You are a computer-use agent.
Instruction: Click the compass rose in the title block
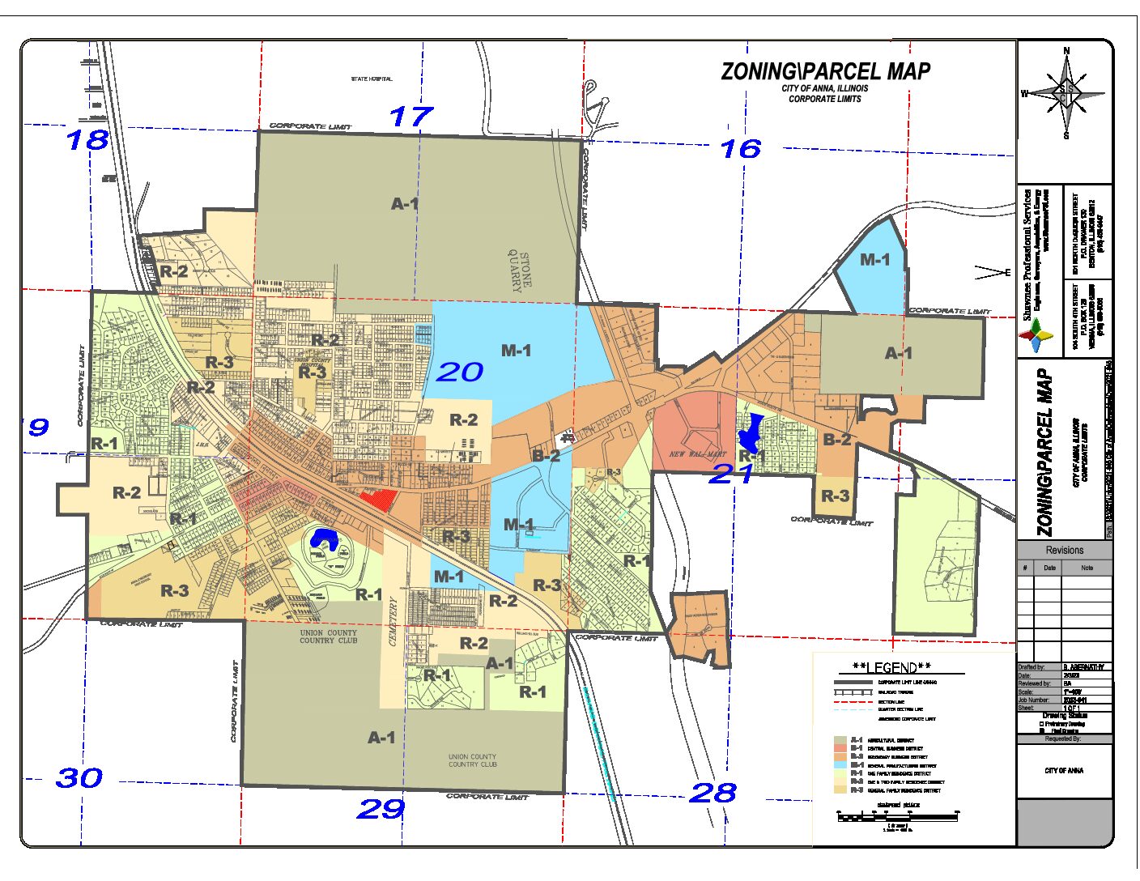click(1066, 94)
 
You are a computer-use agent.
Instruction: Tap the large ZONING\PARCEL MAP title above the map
click(825, 71)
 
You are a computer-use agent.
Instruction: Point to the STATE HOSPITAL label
click(372, 79)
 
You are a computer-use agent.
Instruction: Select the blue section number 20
click(459, 372)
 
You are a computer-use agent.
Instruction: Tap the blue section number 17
click(410, 117)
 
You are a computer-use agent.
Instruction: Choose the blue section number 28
click(712, 793)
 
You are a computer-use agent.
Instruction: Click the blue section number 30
click(79, 778)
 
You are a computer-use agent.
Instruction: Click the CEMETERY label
click(393, 622)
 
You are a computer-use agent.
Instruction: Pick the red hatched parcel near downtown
click(378, 499)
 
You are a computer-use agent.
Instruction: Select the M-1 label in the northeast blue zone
click(874, 260)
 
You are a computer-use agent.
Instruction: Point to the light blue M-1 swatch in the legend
click(840, 765)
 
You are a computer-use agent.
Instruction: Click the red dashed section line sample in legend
click(853, 701)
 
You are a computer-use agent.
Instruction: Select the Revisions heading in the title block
click(1064, 550)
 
